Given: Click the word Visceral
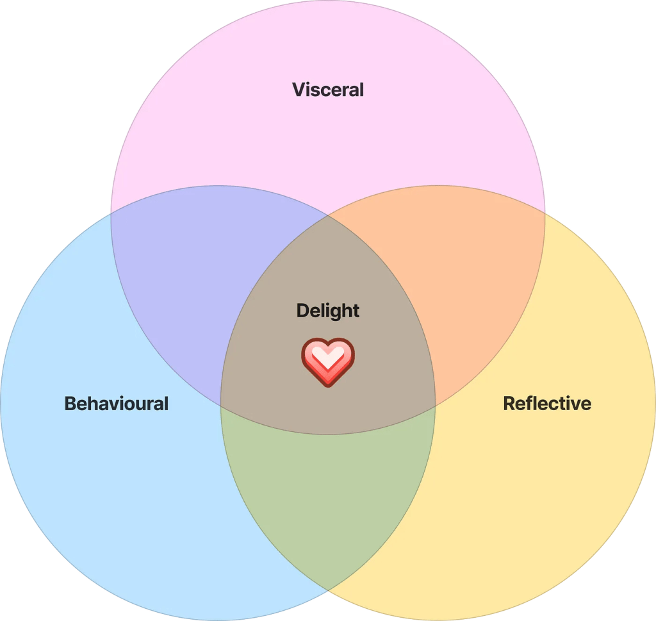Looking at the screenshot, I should tap(327, 89).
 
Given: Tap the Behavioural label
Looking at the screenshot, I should tap(116, 404).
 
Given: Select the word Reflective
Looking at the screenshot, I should tap(546, 404).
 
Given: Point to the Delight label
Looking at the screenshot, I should tap(327, 311).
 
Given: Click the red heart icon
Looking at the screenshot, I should tap(327, 363).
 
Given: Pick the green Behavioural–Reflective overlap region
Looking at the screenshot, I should tap(327, 500).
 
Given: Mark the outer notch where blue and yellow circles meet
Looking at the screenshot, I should tap(328, 590).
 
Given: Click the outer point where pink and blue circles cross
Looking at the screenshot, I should tap(111, 211).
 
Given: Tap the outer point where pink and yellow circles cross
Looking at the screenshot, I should tap(545, 211).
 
